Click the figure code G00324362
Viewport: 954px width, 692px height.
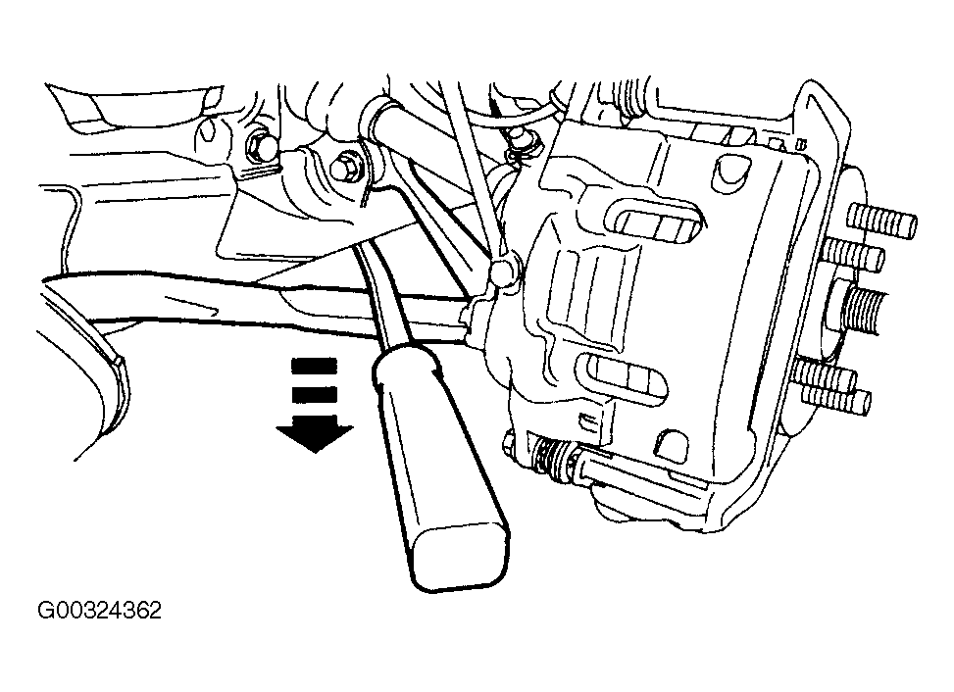100,611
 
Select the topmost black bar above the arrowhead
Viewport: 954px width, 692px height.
315,366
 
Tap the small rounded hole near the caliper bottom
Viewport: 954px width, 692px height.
672,448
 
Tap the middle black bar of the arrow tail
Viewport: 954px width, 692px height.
315,395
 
